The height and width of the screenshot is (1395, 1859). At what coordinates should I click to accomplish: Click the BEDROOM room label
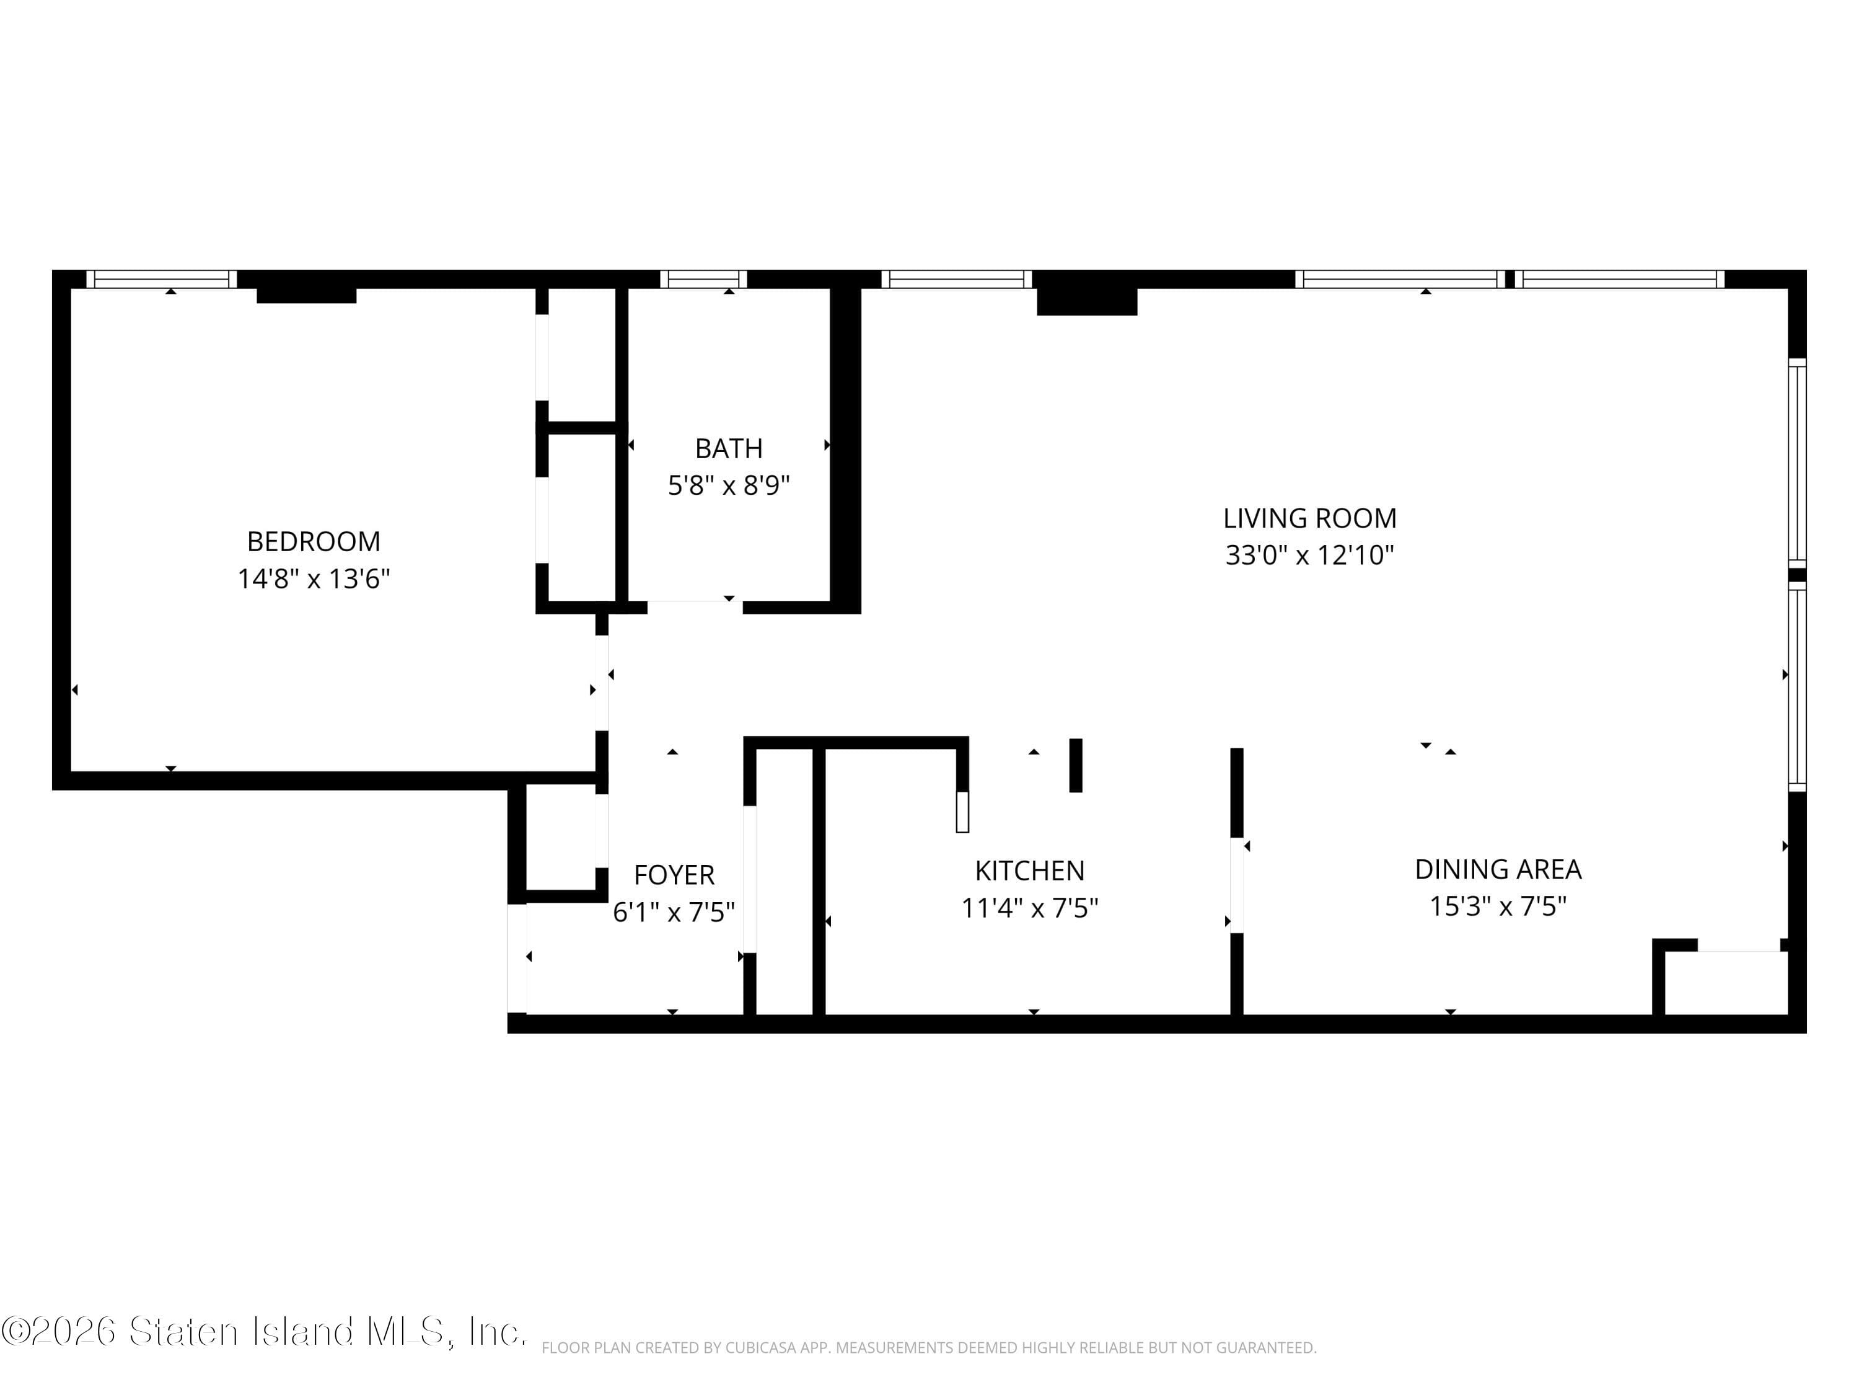314,541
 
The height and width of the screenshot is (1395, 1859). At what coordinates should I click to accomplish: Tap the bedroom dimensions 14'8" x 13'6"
314,579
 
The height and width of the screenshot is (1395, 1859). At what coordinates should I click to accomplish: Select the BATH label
729,449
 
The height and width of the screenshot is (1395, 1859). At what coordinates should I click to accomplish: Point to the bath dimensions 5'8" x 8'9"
729,486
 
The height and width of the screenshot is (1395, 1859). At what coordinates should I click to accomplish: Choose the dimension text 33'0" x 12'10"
1309,556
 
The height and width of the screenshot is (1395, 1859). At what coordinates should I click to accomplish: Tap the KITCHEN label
1029,870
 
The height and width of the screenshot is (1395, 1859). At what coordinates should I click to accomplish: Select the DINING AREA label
1498,869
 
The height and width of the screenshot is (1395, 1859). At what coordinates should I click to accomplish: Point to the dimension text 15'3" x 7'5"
1498,906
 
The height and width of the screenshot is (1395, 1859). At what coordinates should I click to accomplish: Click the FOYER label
674,875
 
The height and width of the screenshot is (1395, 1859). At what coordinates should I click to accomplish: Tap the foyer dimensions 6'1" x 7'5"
674,913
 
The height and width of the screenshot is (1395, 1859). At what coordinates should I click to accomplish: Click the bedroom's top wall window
161,279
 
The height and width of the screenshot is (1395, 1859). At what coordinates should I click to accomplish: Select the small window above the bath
703,279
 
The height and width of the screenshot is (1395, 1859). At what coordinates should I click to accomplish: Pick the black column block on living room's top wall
1087,299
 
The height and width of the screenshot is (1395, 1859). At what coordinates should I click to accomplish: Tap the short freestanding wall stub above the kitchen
1075,765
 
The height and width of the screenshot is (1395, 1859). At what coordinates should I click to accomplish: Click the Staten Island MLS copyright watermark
263,1332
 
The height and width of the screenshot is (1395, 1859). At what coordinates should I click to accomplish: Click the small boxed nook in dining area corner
1725,982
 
